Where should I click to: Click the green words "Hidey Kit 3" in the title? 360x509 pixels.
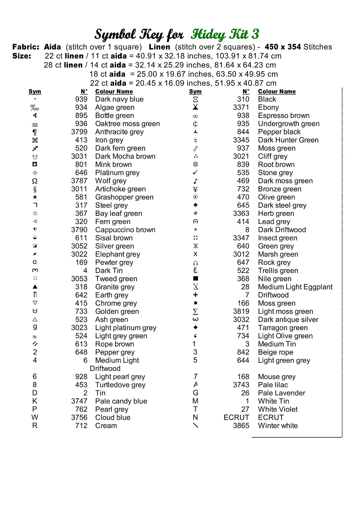pos(225,34)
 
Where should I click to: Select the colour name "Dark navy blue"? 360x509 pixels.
pos(119,99)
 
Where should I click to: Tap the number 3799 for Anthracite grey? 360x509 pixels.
pos(79,132)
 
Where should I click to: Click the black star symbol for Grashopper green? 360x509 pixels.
pos(35,197)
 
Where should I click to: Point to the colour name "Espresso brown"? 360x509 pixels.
pos(284,115)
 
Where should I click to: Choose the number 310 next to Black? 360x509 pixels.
pos(243,99)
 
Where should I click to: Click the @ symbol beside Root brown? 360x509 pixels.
pos(195,164)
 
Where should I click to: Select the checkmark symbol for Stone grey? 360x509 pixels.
pos(195,172)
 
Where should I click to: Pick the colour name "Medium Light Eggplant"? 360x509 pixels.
pos(295,287)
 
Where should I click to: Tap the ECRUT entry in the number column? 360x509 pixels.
pos(236,417)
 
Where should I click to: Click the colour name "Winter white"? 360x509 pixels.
pos(278,426)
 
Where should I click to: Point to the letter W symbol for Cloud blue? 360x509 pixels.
pos(35,417)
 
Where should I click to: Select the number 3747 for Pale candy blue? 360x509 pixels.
pos(79,401)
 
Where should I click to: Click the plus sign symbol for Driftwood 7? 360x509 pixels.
pos(195,295)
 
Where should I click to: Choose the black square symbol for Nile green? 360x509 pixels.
pos(195,279)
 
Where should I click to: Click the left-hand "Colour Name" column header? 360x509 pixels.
pos(114,91)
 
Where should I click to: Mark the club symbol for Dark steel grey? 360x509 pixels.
pos(195,205)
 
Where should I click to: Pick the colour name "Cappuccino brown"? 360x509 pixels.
pos(125,230)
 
